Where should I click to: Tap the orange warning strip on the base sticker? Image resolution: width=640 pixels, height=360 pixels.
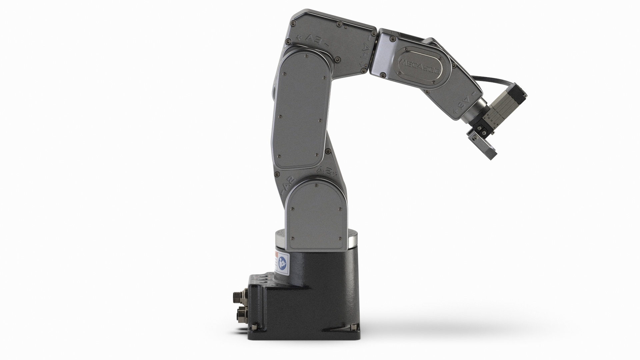[x=276, y=255]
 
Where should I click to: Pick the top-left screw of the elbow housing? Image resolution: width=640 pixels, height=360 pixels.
[x=293, y=23]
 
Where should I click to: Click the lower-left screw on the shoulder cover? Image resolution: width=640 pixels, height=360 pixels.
[x=292, y=238]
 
